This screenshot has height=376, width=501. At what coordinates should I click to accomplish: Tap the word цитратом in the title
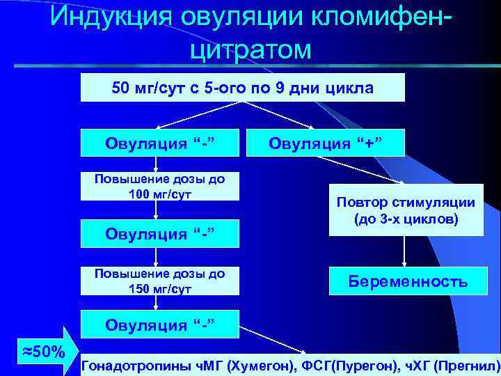tap(250, 49)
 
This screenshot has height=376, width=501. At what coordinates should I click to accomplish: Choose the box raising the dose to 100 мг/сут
tap(161, 186)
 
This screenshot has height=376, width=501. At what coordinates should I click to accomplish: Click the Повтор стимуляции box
tap(406, 210)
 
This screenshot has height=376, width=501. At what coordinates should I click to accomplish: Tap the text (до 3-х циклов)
tap(406, 219)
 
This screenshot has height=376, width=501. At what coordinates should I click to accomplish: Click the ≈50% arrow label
tap(40, 350)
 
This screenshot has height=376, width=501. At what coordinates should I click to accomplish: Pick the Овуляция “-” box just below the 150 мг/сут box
tap(161, 324)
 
